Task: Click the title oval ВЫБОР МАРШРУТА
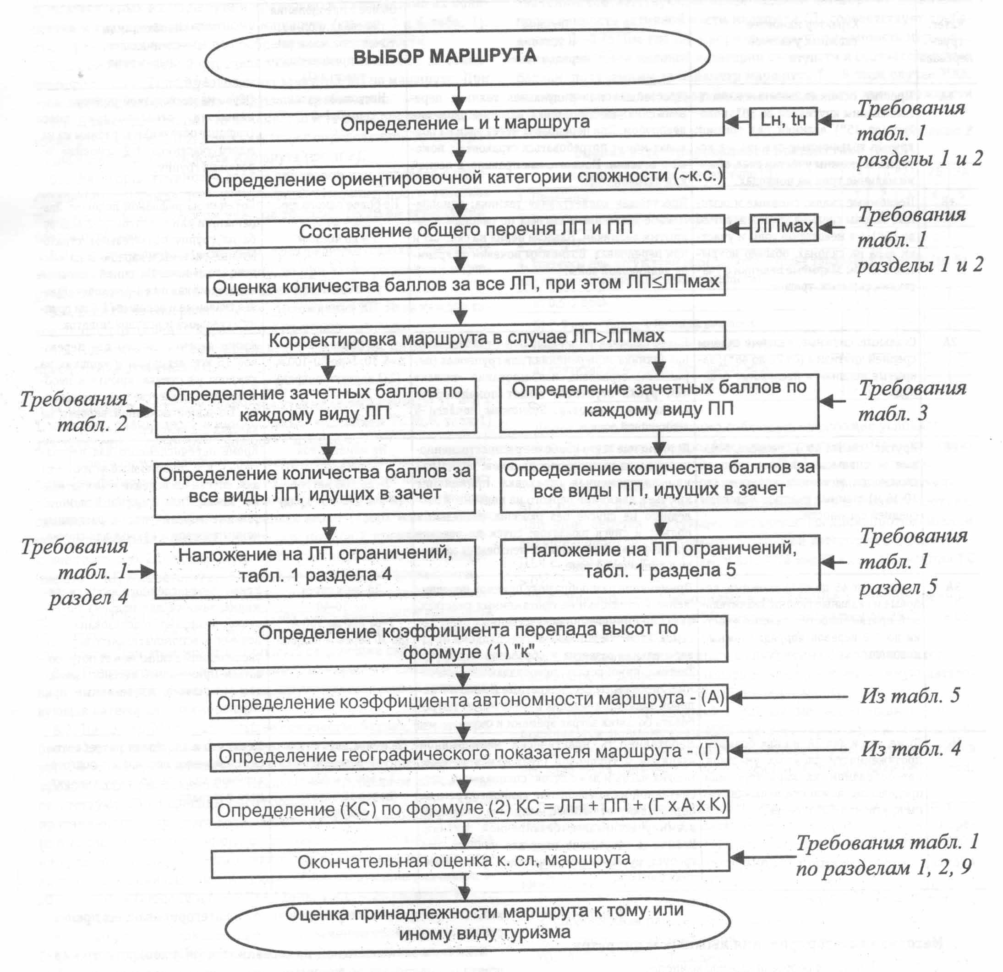[457, 56]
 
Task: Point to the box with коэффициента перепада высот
[468, 641]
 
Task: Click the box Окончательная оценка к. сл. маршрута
[470, 861]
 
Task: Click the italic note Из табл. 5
[910, 696]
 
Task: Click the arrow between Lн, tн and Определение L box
[737, 122]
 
